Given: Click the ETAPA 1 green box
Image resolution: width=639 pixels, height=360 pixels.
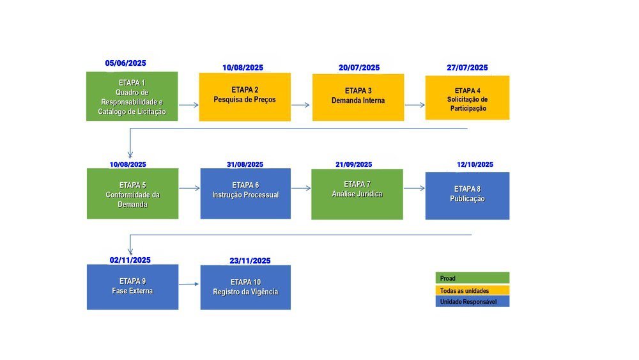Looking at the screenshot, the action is pos(132,96).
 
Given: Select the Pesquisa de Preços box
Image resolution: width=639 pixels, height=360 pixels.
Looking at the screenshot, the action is pos(245,97).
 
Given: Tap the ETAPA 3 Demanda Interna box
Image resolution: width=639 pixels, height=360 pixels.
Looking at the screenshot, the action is pos(358,97).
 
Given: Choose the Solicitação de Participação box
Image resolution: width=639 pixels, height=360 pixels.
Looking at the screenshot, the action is pos(467,97).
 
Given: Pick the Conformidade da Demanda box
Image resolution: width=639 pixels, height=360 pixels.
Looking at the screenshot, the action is pos(132,194).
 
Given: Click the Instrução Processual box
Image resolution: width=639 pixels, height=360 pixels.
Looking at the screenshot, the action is pos(245,194).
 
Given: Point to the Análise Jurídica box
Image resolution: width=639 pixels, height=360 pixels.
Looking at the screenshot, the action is pos(357,194).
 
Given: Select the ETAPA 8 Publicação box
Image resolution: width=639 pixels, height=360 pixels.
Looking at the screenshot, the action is pos(467,196).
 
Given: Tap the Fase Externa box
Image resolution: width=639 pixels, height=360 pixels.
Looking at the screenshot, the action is pos(132,287).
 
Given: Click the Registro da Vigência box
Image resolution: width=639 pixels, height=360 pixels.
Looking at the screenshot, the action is pos(245,288).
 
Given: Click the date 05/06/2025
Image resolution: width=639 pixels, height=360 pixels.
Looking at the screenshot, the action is pos(125,63).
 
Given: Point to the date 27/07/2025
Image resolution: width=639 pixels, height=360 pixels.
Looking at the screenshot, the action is pos(467,68).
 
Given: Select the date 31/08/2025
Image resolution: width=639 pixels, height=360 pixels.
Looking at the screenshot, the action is pos(245,164).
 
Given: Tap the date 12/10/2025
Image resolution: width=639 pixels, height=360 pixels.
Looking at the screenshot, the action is pos(475,164).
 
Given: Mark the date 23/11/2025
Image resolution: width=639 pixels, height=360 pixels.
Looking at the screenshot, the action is pos(250,260).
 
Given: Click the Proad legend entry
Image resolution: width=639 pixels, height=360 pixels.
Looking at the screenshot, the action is pos(472,278).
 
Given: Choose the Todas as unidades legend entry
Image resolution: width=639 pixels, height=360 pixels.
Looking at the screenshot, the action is pos(472,290).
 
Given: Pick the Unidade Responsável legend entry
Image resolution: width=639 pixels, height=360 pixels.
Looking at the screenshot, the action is pos(472,301).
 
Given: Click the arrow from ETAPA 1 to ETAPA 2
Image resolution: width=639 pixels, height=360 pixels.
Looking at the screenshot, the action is pos(189,105).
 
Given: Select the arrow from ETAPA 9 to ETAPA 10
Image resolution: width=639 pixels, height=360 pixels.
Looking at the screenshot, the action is pos(189,284).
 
